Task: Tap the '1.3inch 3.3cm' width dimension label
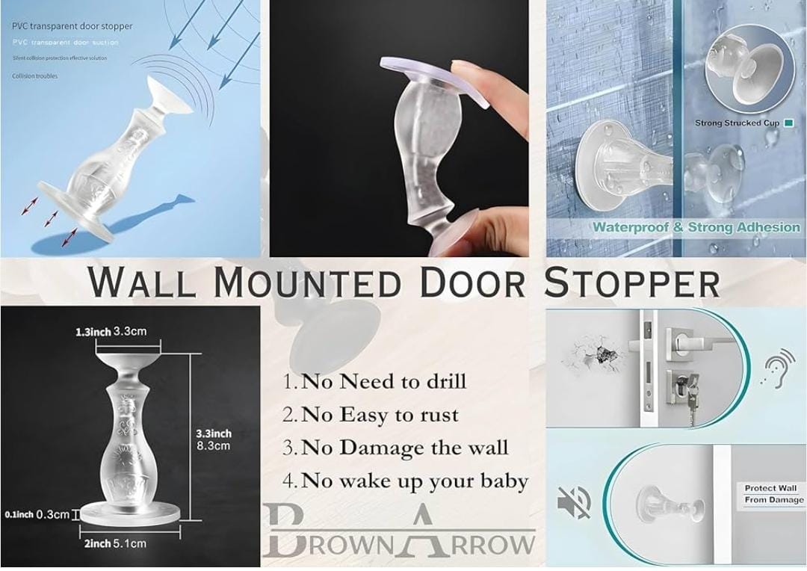tap(111, 331)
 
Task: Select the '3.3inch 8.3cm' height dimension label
tap(214, 439)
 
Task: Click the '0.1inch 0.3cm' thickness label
tap(37, 514)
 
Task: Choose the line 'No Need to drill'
tap(374, 381)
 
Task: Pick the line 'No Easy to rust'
tap(371, 414)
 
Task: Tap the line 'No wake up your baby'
tap(405, 481)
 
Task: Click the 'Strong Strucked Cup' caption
tap(736, 123)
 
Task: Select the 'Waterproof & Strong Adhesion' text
tap(696, 227)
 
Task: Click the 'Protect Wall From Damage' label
tap(774, 493)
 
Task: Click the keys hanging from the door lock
tap(691, 410)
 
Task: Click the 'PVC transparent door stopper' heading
tap(72, 26)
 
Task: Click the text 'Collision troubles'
tap(34, 75)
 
